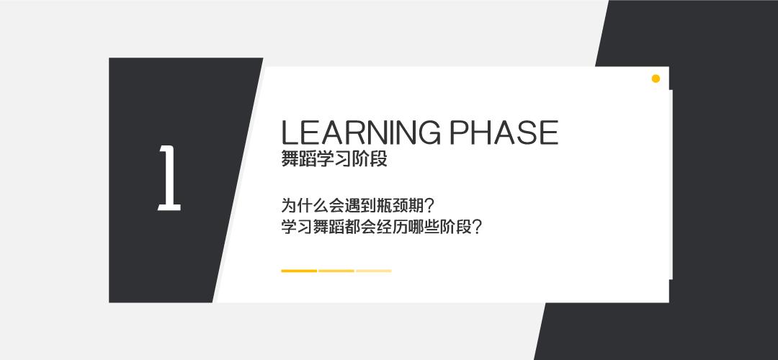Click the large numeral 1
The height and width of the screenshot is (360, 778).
pyautogui.click(x=169, y=178)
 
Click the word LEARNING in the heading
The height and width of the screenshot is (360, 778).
pyautogui.click(x=358, y=132)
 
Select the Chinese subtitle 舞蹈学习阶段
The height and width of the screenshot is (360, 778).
pyautogui.click(x=334, y=160)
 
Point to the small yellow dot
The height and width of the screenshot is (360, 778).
pyautogui.click(x=656, y=78)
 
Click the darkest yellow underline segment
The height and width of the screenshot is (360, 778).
pyautogui.click(x=299, y=271)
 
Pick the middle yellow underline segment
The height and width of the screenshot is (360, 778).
pyautogui.click(x=336, y=271)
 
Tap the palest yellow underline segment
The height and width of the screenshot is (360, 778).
pyautogui.click(x=374, y=271)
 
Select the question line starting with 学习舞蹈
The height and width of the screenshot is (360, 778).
pyautogui.click(x=381, y=228)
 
